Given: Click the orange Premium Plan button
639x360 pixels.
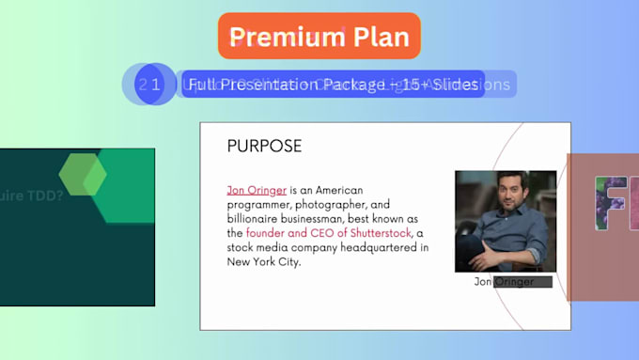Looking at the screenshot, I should pyautogui.click(x=319, y=37).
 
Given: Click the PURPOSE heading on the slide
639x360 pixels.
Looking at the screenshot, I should pyautogui.click(x=264, y=146).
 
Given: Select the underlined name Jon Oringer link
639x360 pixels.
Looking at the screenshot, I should pyautogui.click(x=257, y=190).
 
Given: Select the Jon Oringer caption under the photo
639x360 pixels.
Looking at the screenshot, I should pyautogui.click(x=504, y=281).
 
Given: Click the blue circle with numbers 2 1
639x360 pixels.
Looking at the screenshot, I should pyautogui.click(x=150, y=84).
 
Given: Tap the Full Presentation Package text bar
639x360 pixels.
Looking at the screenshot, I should pyautogui.click(x=334, y=85).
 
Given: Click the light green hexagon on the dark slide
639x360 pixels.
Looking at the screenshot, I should pyautogui.click(x=83, y=176).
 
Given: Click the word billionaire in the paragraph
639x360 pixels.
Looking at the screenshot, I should pyautogui.click(x=257, y=218).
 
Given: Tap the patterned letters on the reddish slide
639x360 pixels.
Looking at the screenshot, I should pyautogui.click(x=616, y=203).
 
